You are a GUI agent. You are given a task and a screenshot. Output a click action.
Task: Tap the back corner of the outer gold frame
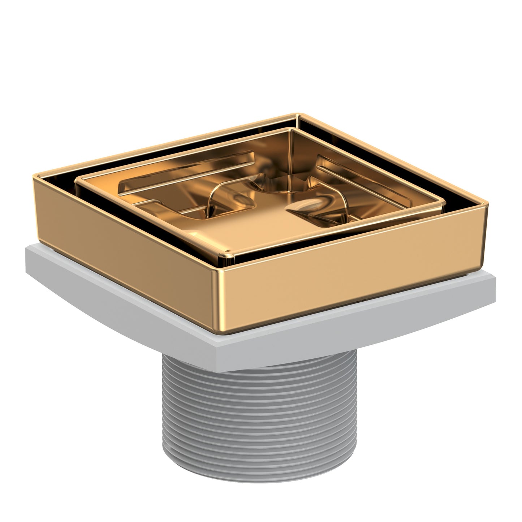pos(298,116)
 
